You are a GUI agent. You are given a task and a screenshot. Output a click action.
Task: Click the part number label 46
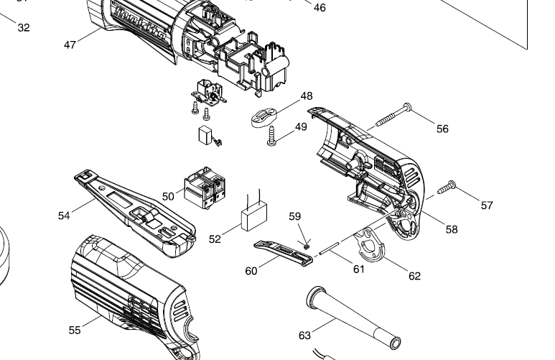tap(320, 8)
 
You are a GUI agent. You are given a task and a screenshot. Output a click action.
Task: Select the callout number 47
tap(70, 45)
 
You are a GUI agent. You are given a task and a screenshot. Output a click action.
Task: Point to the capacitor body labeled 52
tap(253, 218)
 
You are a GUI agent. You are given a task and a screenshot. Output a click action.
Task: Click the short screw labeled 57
tap(446, 185)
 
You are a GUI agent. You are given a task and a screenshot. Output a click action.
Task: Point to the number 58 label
tap(451, 230)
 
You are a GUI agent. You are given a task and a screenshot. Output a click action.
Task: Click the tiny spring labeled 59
tap(306, 246)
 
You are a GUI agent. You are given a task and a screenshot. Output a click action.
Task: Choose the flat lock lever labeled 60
tap(284, 251)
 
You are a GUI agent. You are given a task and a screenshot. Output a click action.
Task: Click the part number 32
tap(24, 28)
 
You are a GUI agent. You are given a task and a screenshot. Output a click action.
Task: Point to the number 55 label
tap(75, 330)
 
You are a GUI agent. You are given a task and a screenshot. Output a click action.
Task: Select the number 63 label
tap(304, 335)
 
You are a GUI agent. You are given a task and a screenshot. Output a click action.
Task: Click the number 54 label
tap(65, 215)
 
